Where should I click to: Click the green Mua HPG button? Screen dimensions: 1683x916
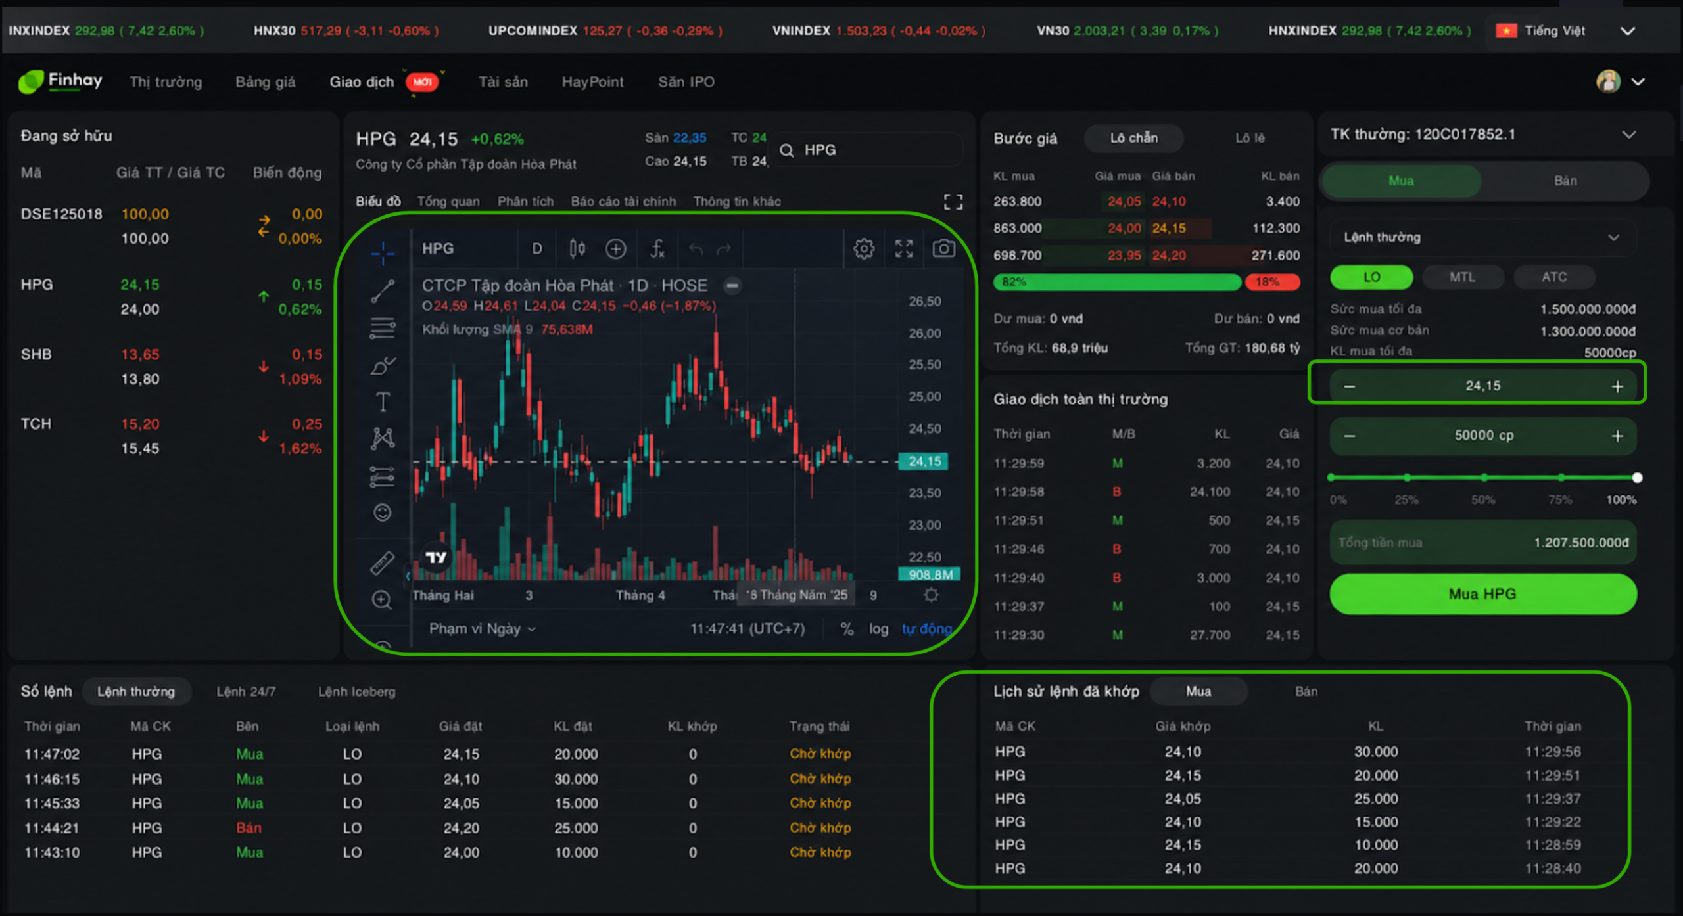pyautogui.click(x=1482, y=594)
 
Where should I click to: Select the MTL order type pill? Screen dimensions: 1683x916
pyautogui.click(x=1462, y=277)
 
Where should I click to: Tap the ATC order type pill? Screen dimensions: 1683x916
pyautogui.click(x=1554, y=277)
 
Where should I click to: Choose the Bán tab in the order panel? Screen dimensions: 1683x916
pyautogui.click(x=1565, y=181)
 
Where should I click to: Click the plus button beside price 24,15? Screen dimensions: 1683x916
pyautogui.click(x=1617, y=386)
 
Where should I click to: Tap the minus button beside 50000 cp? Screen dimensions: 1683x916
pyautogui.click(x=1350, y=436)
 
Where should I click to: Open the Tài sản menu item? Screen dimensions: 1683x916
pyautogui.click(x=503, y=82)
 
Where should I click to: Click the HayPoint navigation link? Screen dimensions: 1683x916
pyautogui.click(x=592, y=82)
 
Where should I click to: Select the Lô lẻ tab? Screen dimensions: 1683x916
pyautogui.click(x=1250, y=138)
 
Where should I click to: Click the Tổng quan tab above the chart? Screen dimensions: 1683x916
pyautogui.click(x=448, y=202)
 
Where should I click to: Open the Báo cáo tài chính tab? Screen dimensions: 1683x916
pyautogui.click(x=623, y=202)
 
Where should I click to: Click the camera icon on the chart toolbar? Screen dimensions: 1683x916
pyautogui.click(x=944, y=248)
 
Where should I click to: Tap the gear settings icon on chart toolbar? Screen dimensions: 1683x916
pyautogui.click(x=864, y=248)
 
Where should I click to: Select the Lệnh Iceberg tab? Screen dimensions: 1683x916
pyautogui.click(x=357, y=692)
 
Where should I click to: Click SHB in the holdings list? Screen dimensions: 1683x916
pyautogui.click(x=36, y=355)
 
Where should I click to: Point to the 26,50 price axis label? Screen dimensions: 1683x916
pyautogui.click(x=925, y=302)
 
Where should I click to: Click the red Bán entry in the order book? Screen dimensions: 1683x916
pyautogui.click(x=249, y=828)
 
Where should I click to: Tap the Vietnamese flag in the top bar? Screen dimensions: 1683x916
pyautogui.click(x=1506, y=31)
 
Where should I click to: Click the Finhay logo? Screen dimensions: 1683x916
pyautogui.click(x=60, y=82)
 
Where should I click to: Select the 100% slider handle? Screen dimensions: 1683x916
pyautogui.click(x=1637, y=478)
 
